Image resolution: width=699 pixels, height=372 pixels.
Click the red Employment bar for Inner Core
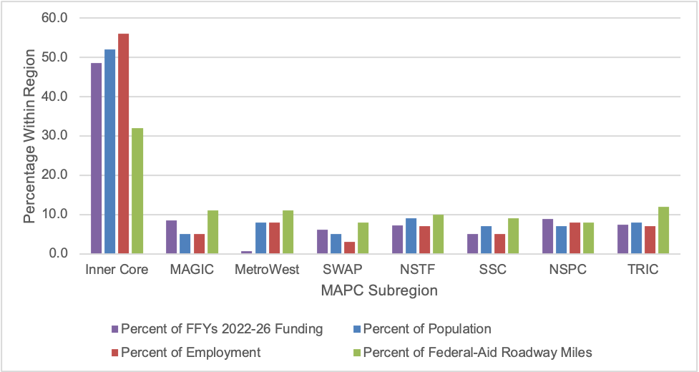[124, 144]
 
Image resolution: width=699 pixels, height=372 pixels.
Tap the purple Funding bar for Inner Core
[96, 158]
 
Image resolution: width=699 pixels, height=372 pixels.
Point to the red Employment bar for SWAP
[349, 248]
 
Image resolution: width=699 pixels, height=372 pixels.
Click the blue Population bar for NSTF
[411, 236]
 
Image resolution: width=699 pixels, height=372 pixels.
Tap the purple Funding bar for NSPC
[547, 236]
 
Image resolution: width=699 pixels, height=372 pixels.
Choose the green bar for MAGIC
[212, 232]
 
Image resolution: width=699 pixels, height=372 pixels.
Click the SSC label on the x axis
[492, 271]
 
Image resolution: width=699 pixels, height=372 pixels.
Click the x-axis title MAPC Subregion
[379, 291]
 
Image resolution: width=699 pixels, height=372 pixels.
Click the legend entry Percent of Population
[427, 329]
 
